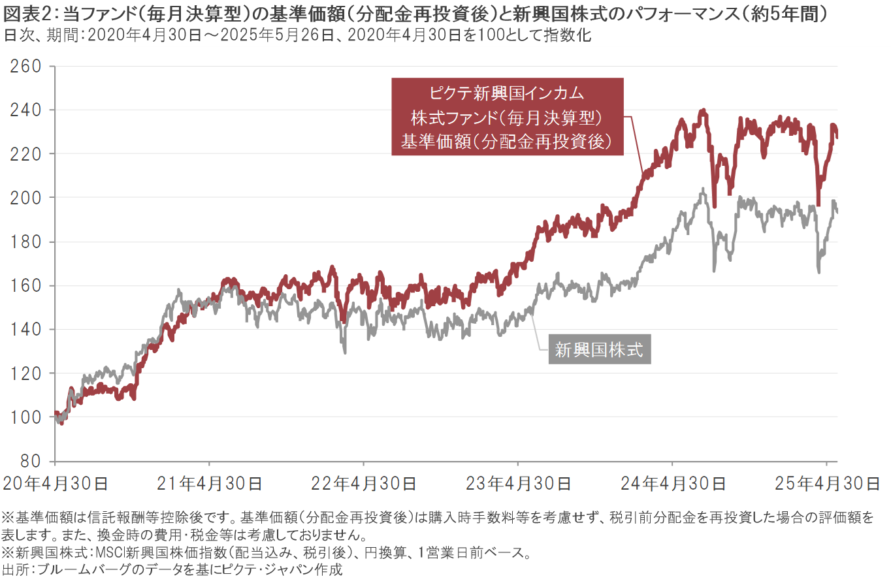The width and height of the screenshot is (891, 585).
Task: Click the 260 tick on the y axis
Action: pos(26,66)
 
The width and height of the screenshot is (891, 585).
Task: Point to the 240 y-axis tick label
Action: pos(26,110)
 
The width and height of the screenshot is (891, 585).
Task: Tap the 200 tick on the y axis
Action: pos(26,197)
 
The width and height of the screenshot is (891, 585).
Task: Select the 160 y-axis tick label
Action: pos(26,285)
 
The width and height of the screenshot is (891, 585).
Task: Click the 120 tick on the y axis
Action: pos(26,373)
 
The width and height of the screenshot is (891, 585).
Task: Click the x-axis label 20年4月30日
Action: pos(56,484)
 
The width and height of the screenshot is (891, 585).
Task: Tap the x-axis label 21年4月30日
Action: pos(210,484)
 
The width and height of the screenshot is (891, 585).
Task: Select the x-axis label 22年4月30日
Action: pos(364,484)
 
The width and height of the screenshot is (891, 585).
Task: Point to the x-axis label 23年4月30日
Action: pos(518,484)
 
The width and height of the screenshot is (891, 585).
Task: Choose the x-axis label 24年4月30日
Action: pos(673,484)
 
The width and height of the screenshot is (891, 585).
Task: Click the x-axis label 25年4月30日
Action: pos(827,484)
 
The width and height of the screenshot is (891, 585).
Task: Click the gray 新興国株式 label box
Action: pos(599,350)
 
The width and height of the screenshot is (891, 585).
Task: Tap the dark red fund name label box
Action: pos(507,117)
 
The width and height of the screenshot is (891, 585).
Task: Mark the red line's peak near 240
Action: pos(703,110)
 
